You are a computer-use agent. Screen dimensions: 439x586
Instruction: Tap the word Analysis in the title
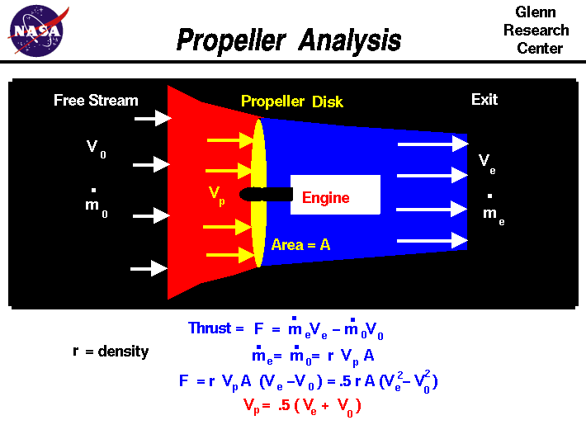click(350, 40)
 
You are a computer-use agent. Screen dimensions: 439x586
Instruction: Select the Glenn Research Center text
click(541, 31)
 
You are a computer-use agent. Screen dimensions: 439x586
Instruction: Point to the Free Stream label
click(96, 101)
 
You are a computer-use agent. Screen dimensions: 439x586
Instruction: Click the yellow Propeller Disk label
click(294, 101)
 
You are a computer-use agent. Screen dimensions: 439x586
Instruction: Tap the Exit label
click(484, 100)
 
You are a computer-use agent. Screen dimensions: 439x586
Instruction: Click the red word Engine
click(325, 197)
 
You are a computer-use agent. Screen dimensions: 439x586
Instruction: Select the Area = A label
click(300, 245)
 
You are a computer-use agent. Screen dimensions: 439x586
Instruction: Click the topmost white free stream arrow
click(152, 119)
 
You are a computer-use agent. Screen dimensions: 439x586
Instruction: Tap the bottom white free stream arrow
click(149, 268)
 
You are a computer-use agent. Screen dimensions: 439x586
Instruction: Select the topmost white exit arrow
click(432, 144)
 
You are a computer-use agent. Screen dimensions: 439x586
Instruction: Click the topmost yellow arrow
click(229, 140)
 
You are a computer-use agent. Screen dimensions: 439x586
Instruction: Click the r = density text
click(111, 352)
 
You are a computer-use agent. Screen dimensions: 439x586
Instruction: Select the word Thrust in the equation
click(210, 328)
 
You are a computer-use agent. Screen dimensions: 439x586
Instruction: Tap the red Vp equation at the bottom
click(301, 405)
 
